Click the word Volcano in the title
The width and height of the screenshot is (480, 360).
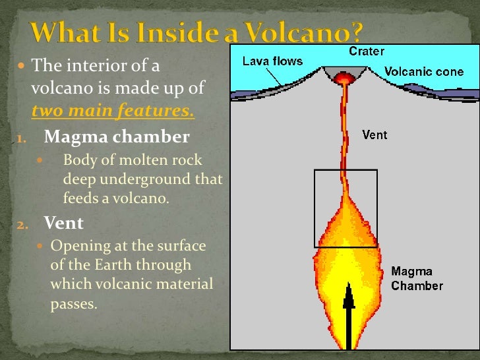pyautogui.click(x=305, y=32)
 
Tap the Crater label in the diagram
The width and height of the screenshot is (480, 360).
pyautogui.click(x=367, y=51)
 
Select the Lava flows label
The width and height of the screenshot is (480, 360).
pyautogui.click(x=272, y=61)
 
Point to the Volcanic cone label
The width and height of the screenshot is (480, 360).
pyautogui.click(x=424, y=71)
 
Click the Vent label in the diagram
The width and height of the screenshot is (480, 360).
pyautogui.click(x=375, y=135)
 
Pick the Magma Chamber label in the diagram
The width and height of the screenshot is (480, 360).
pyautogui.click(x=417, y=278)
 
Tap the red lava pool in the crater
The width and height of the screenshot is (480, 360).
pyautogui.click(x=343, y=78)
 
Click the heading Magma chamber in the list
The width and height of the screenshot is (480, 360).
pyautogui.click(x=117, y=137)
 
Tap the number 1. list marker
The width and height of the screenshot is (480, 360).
pyautogui.click(x=21, y=138)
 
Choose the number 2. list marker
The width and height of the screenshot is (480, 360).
pyautogui.click(x=22, y=224)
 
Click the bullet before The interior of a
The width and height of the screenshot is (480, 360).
pyautogui.click(x=21, y=67)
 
